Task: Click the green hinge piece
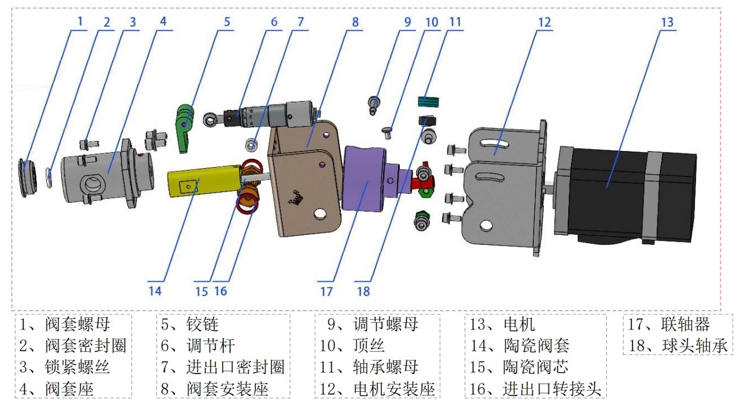(x=185, y=122)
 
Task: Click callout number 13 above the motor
(x=668, y=22)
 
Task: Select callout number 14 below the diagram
(x=155, y=291)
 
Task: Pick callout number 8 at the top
(x=355, y=22)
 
